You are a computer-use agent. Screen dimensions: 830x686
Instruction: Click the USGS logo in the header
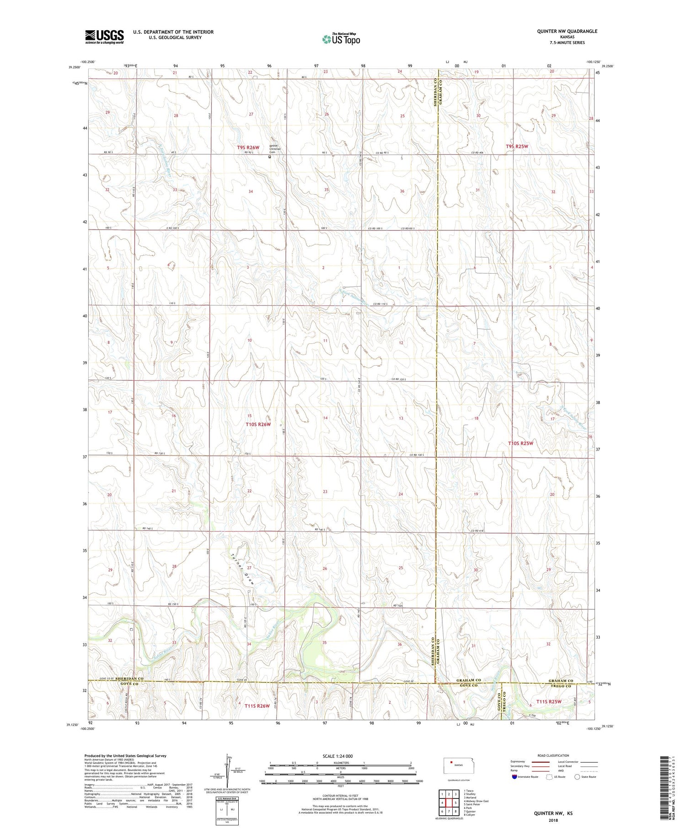pos(104,37)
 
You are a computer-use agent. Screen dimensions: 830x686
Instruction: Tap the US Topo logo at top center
pos(341,39)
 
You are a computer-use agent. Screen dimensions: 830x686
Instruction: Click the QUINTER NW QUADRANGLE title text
pos(567,31)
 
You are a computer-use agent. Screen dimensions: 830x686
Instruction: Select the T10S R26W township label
pos(258,424)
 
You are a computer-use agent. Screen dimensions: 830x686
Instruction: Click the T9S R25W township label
pos(517,146)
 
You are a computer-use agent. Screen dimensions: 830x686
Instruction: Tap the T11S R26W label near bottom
pos(257,706)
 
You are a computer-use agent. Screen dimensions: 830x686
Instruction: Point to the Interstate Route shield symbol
pos(514,776)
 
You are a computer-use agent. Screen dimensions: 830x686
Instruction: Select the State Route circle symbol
pos(577,776)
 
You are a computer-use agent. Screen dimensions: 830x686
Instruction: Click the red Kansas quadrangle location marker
pos(451,763)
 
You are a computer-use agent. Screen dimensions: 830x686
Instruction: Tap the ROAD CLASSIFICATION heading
pos(553,755)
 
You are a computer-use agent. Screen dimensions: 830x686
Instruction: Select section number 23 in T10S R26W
pos(325,492)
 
